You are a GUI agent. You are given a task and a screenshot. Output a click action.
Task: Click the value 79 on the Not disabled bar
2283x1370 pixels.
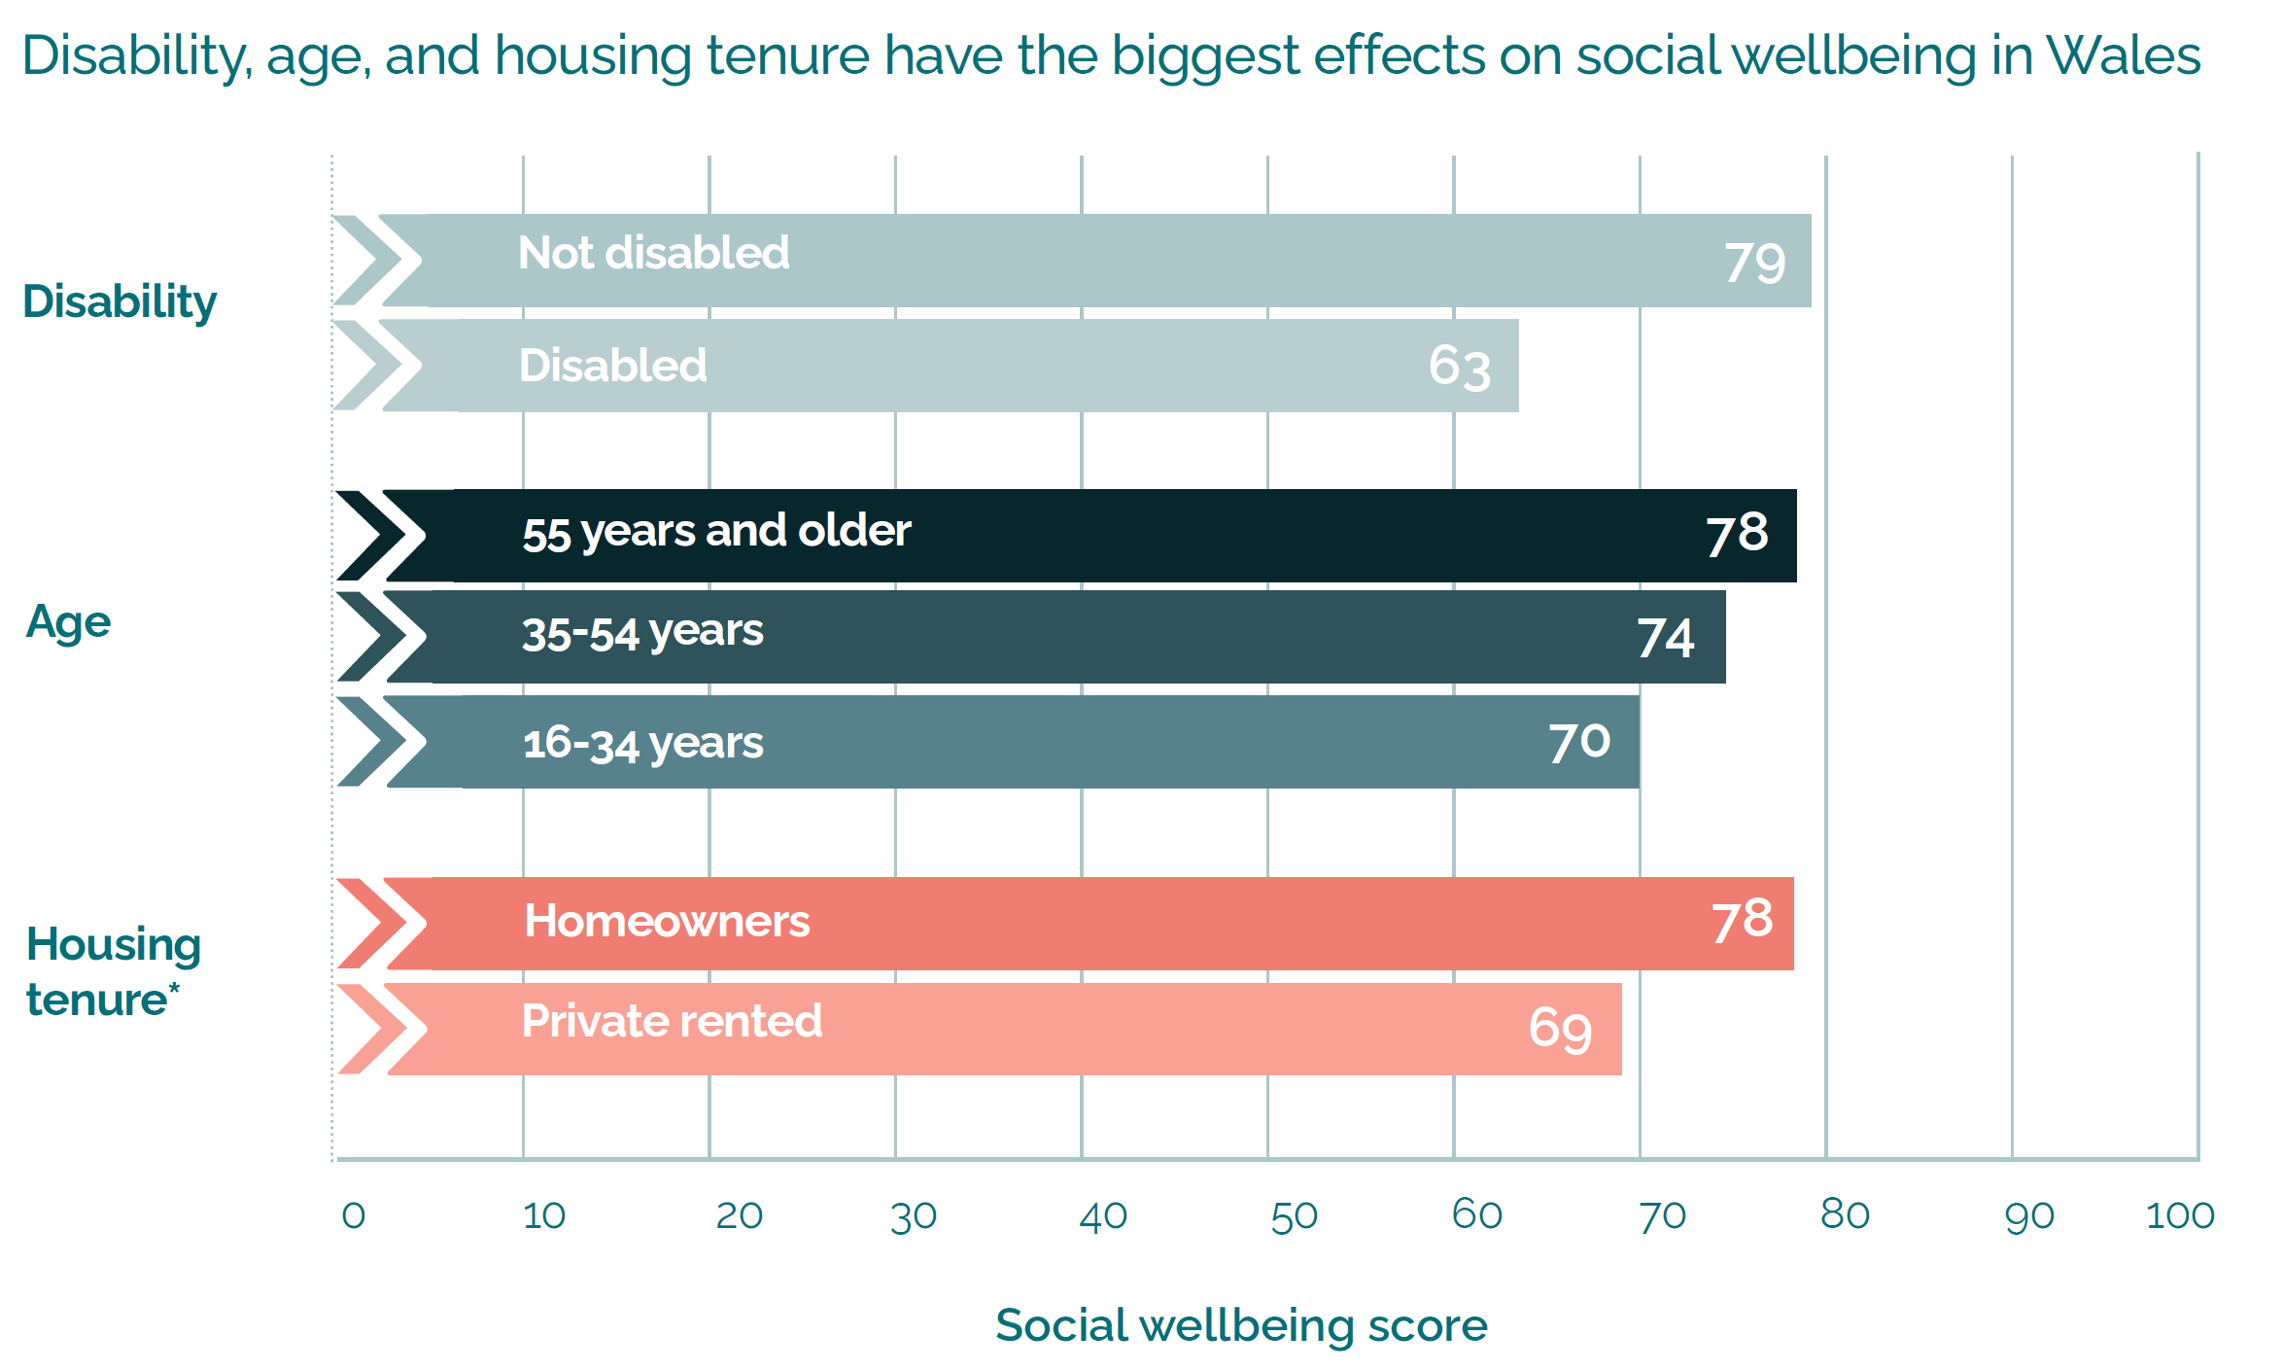[1754, 263]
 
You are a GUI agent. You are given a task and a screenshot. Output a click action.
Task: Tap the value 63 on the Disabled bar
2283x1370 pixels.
[1459, 367]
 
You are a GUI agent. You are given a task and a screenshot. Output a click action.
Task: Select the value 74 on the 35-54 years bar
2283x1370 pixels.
[1665, 638]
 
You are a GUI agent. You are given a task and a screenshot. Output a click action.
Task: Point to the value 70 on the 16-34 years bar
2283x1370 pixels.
[1579, 742]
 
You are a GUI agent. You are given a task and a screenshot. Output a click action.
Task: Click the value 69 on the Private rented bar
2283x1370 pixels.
[1560, 1029]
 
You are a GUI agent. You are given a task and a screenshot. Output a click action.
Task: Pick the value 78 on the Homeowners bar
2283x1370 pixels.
[1742, 920]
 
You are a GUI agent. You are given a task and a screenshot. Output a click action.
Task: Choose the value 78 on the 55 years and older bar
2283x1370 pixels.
[1737, 533]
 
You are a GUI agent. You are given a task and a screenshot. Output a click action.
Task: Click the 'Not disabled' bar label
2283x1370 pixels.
[653, 253]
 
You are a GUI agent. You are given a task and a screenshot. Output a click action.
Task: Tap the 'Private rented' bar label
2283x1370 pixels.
[672, 1021]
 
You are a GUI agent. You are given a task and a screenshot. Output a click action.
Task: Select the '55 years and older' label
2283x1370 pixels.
[716, 531]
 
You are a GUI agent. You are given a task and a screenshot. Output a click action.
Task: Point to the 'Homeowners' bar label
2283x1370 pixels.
[667, 921]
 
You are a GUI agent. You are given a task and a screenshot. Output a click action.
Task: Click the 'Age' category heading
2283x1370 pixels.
[68, 621]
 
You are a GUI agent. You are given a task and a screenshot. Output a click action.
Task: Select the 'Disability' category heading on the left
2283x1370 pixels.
[120, 301]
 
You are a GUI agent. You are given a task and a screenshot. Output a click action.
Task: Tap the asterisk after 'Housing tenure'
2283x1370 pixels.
[174, 989]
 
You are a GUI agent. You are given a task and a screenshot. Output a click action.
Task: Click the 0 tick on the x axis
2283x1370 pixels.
[353, 1215]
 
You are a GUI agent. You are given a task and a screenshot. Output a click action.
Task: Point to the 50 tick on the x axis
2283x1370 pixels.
[1294, 1216]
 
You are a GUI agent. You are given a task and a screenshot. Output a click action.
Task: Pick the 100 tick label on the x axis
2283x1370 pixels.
[2179, 1215]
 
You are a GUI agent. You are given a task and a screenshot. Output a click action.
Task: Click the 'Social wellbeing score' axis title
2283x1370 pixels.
[1241, 1325]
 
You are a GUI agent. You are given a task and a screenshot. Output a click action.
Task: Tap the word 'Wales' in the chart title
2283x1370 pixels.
[2123, 55]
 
